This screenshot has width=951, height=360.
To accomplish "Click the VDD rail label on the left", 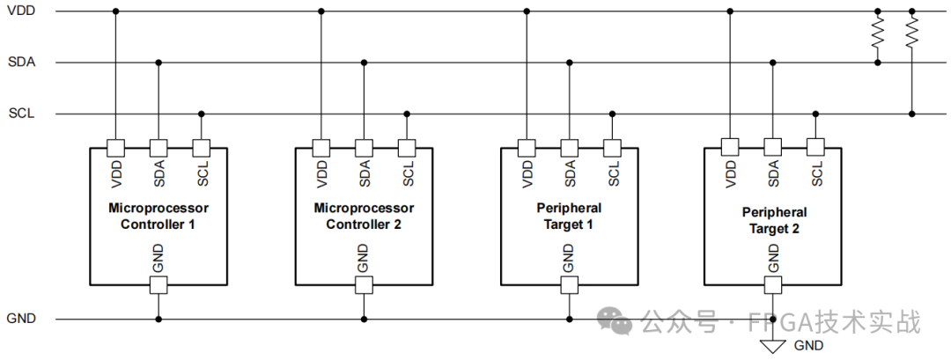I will coord(20,11).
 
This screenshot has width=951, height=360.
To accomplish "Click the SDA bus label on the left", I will coord(20,62).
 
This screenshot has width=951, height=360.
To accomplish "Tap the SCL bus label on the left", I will coord(20,114).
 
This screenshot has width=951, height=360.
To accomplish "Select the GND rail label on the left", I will coord(21,319).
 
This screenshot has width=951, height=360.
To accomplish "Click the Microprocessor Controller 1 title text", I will coord(158,217).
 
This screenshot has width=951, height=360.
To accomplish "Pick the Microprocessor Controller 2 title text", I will coord(364,217).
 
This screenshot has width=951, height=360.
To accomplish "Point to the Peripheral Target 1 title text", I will coord(569,217).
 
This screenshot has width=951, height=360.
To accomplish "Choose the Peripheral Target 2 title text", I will coord(774,220).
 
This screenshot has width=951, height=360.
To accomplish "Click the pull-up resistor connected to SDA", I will coord(877,35).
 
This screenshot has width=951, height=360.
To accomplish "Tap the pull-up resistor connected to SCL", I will coord(911,35).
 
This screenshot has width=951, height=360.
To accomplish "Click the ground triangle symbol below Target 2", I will coord(773,345).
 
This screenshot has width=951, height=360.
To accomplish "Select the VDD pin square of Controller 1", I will coord(115,147).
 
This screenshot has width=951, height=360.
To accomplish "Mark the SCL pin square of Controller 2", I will coord(407,147).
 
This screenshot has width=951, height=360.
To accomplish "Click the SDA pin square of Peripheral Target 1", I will coord(569,147).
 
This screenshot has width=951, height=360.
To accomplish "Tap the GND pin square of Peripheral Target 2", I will coord(773,284).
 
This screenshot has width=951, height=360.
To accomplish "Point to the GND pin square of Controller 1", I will coord(158,284).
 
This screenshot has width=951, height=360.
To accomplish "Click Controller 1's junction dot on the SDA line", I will coord(158,62).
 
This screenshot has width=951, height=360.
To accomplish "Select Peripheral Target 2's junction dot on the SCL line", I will coord(816,114).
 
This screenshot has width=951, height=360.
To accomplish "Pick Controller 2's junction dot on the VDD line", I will coord(321,11).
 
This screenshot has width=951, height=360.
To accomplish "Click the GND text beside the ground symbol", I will coord(808,346).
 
